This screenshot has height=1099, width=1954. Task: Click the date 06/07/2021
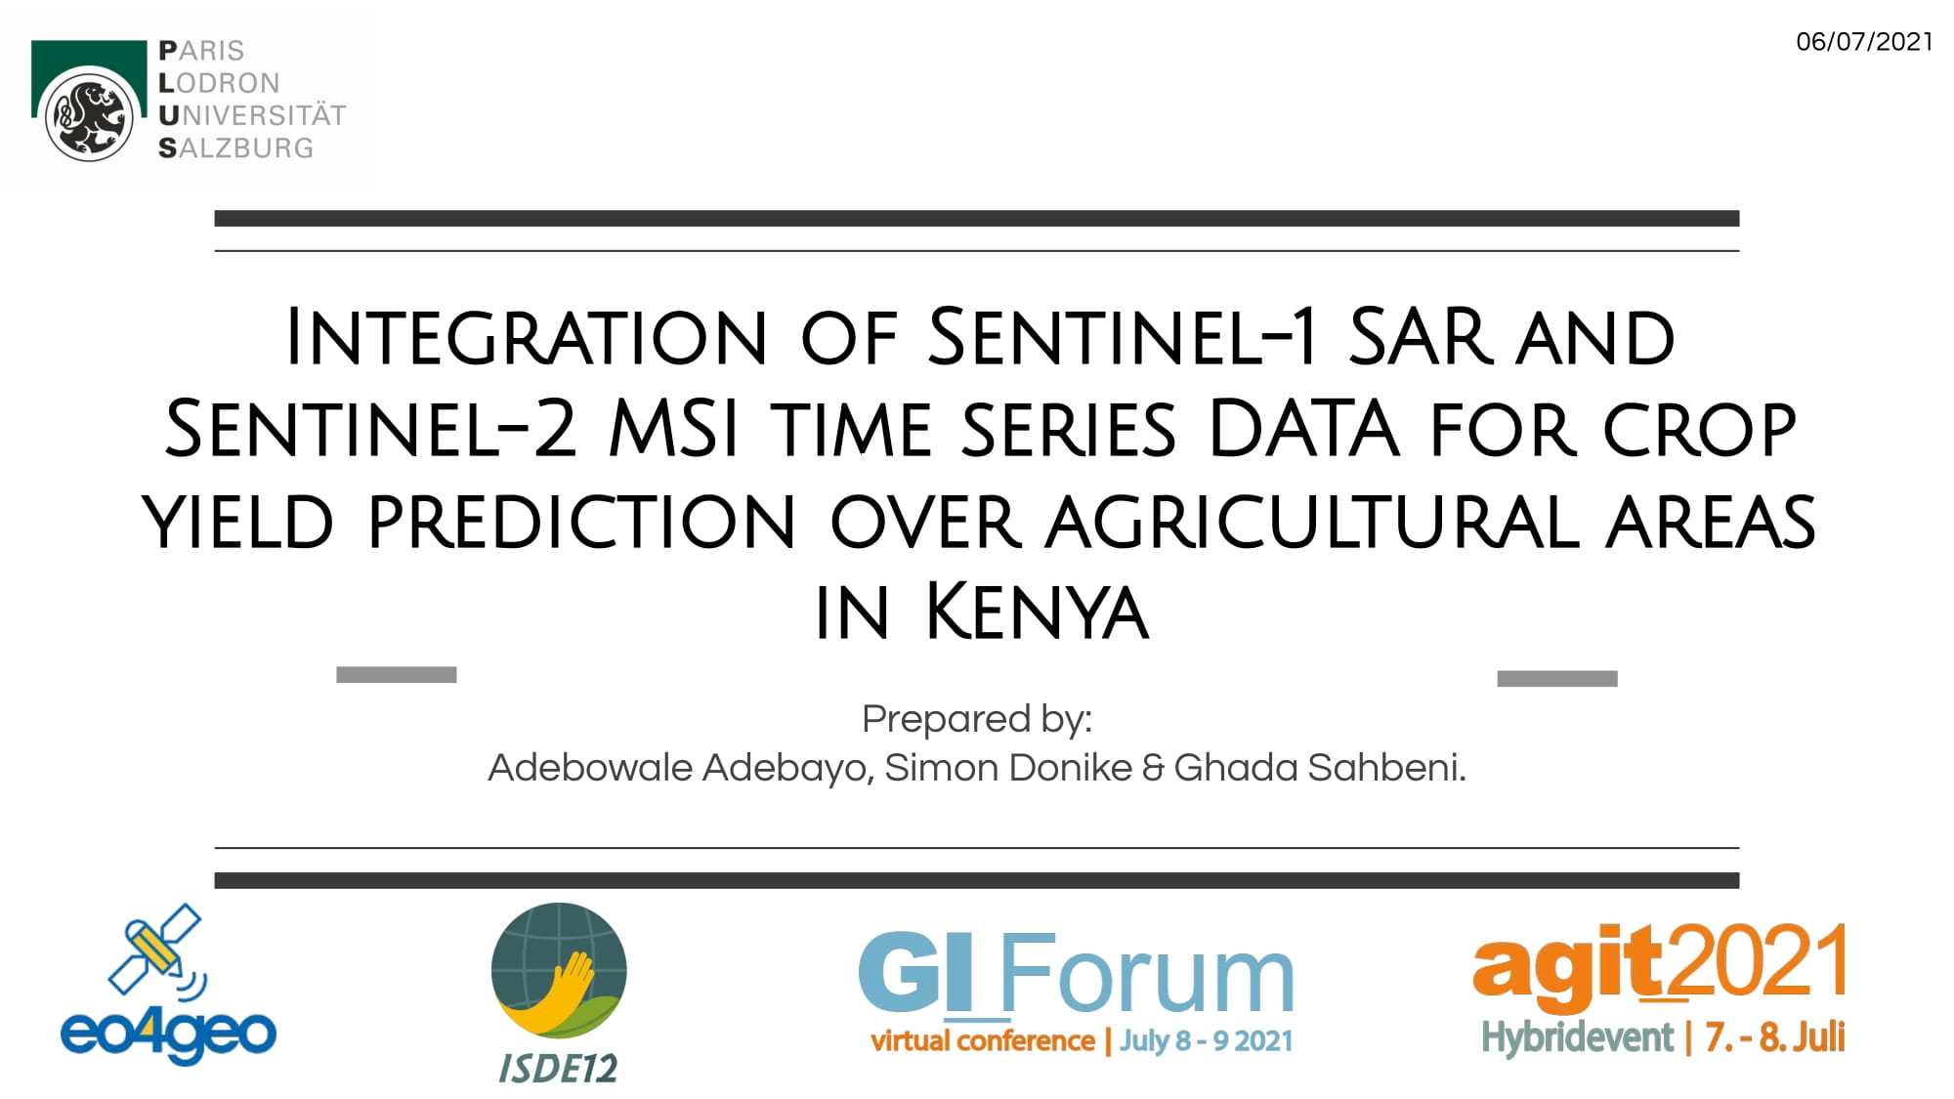[1864, 42]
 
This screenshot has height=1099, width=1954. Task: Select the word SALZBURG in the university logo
[236, 148]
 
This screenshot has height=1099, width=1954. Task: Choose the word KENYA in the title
[1037, 613]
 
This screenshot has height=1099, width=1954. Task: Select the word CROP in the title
[1700, 429]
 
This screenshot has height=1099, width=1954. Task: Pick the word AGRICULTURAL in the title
[1312, 521]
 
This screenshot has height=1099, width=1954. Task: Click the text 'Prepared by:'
[977, 719]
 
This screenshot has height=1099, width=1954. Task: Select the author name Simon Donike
[1008, 768]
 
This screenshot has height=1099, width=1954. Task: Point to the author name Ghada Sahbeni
[1320, 768]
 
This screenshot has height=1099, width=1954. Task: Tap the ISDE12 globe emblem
[559, 970]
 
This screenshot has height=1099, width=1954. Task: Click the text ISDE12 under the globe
[558, 1069]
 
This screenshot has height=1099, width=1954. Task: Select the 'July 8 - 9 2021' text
[1207, 1041]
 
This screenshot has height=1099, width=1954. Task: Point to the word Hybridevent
[1578, 1037]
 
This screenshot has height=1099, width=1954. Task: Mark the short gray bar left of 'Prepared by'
[396, 675]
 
